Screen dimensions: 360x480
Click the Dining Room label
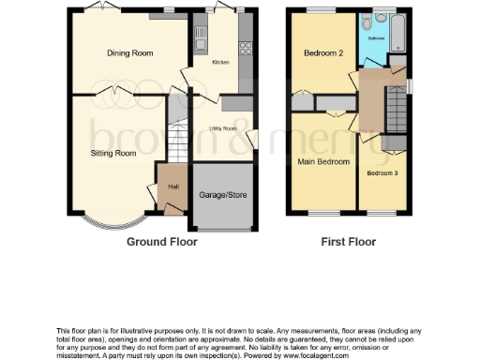(x=129, y=53)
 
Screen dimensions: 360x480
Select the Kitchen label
(x=220, y=62)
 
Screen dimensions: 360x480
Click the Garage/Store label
(x=221, y=196)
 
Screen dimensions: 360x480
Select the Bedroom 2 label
(x=322, y=53)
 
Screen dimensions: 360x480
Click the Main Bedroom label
(x=323, y=161)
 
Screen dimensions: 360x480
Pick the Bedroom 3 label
(x=383, y=173)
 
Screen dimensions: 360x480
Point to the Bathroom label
(x=376, y=39)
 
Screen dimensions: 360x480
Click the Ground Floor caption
(x=160, y=242)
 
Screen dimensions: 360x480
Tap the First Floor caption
(x=348, y=242)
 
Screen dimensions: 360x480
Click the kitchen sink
(x=200, y=38)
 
